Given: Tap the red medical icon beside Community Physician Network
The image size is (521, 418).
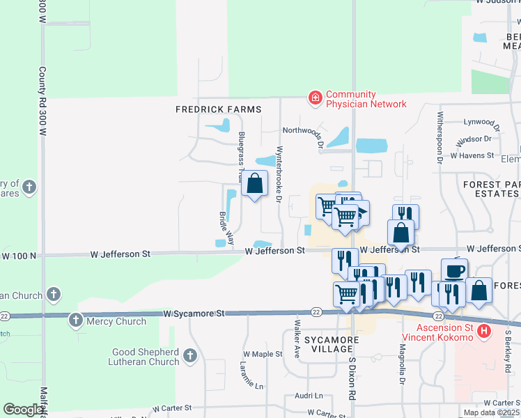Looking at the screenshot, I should (x=316, y=98).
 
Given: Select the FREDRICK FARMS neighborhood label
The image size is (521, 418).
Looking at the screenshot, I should (x=218, y=109).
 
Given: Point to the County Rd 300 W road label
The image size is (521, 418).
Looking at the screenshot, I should (x=42, y=100).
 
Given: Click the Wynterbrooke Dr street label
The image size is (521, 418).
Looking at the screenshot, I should (x=280, y=174).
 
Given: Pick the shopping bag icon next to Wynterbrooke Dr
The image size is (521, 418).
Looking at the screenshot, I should (x=255, y=184).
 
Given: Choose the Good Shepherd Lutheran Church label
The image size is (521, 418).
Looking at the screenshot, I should (x=145, y=357).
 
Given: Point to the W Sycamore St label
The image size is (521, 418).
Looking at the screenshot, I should (x=194, y=313).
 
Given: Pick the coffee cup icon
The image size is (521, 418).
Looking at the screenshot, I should (x=454, y=270).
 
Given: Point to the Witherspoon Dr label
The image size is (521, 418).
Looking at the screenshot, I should (x=441, y=137).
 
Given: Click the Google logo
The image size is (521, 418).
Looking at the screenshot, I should (x=24, y=410).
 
